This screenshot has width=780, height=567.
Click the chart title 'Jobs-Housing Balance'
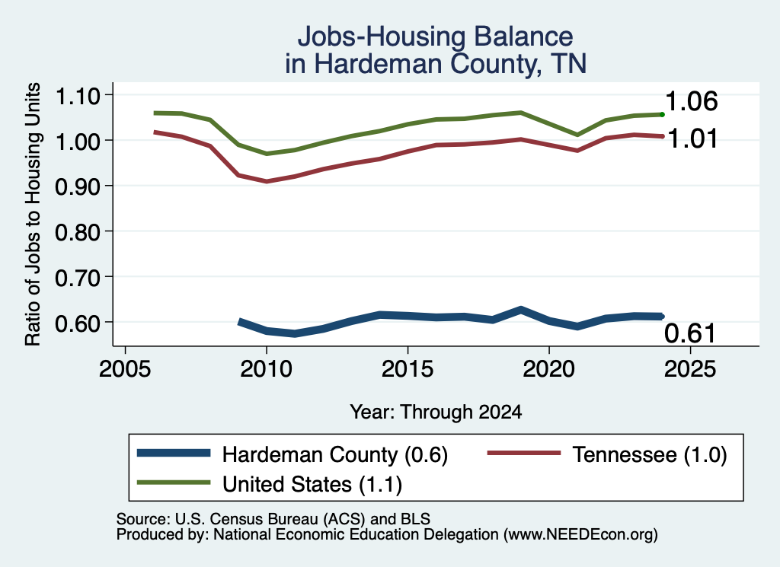point(435,37)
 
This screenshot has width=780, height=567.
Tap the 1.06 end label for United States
point(691,101)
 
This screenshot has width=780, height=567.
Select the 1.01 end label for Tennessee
point(692,139)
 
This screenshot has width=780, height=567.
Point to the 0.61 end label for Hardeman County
point(690,333)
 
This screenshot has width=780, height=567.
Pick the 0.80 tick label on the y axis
point(77,232)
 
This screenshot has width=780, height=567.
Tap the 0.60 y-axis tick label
point(77,323)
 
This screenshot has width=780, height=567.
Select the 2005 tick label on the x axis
point(125,369)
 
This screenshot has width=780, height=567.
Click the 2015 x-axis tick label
point(408,369)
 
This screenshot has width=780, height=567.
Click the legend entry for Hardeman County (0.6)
point(292,454)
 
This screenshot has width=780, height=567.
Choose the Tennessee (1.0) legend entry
point(607,454)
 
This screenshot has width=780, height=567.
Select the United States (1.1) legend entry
point(270,483)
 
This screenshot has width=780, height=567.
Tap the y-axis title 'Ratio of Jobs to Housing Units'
point(33,214)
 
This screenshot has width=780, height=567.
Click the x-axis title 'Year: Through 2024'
point(436,412)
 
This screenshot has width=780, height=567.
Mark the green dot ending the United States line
point(662,115)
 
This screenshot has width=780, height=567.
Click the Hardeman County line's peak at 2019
point(521,311)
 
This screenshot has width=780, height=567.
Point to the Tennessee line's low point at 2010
point(267,181)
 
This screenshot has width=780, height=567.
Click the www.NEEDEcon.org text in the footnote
point(580,535)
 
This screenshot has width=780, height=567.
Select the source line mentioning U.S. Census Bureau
point(273,519)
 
